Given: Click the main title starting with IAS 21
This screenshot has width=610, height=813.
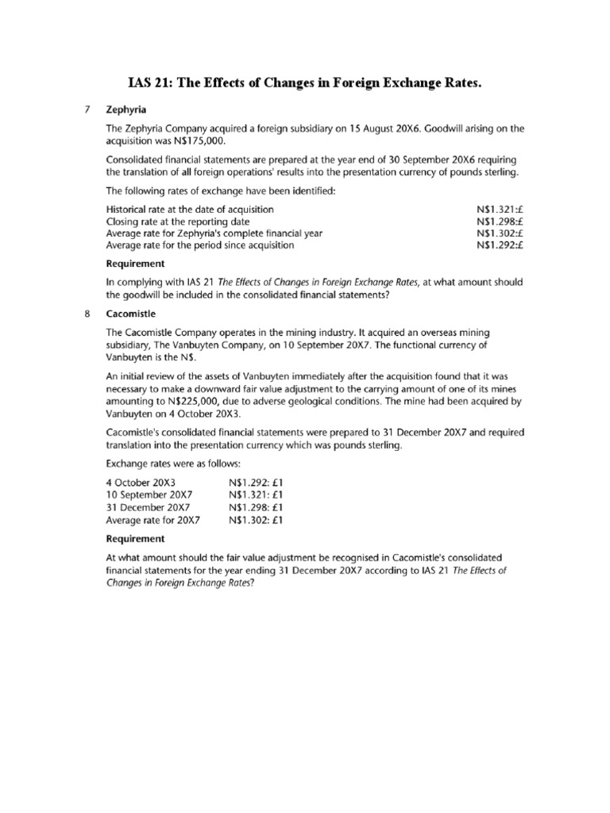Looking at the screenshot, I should point(305,83).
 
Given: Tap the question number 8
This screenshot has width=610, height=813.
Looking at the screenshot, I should point(88,313).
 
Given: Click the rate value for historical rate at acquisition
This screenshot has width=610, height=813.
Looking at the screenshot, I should point(500,209).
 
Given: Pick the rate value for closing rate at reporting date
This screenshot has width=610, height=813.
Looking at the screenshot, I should point(500,221).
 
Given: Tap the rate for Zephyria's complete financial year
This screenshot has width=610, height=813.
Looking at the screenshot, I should point(500,233).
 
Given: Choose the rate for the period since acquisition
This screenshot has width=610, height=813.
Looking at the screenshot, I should point(500,245).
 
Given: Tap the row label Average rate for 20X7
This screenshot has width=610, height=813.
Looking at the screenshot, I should point(152,520).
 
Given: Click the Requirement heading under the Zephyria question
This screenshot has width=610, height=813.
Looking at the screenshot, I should point(135,264).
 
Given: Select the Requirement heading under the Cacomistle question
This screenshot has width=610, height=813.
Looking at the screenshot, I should point(135,538).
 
